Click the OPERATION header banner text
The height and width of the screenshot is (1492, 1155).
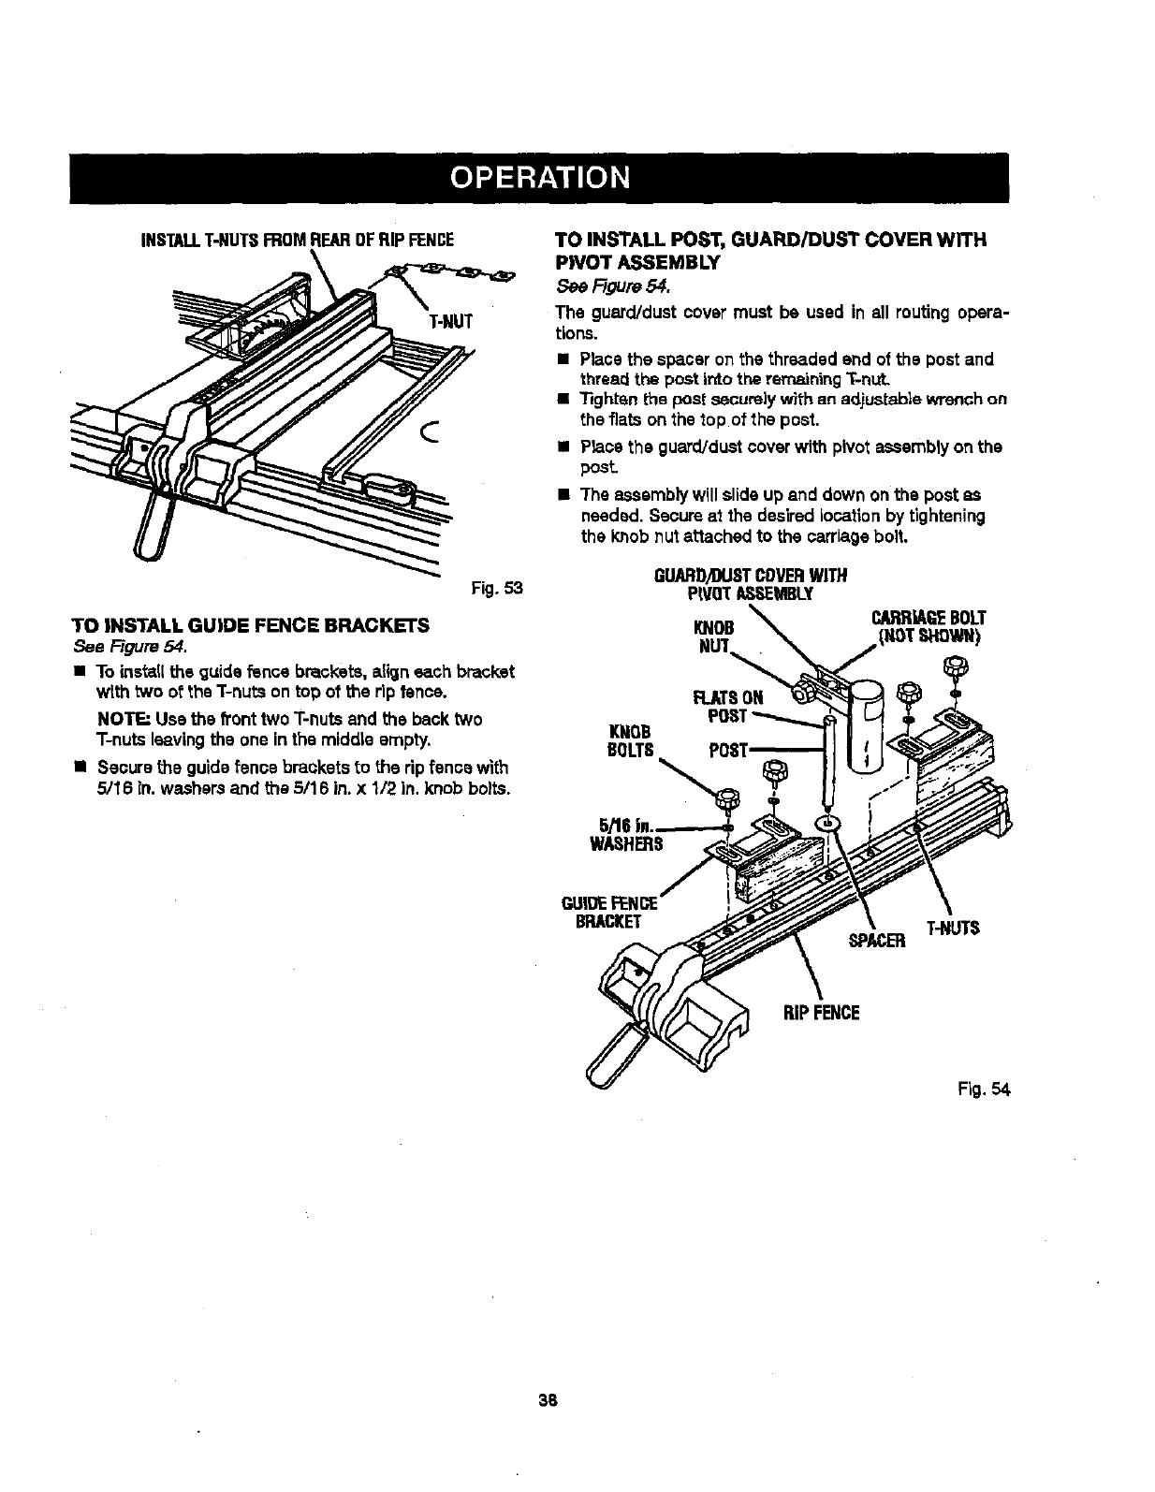[x=538, y=178]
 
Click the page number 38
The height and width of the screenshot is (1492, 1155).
[x=548, y=1400]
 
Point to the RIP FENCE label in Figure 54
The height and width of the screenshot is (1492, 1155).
[x=821, y=1012]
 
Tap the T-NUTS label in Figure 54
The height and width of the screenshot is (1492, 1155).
[x=952, y=928]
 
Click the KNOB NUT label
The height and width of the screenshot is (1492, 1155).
[x=714, y=636]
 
